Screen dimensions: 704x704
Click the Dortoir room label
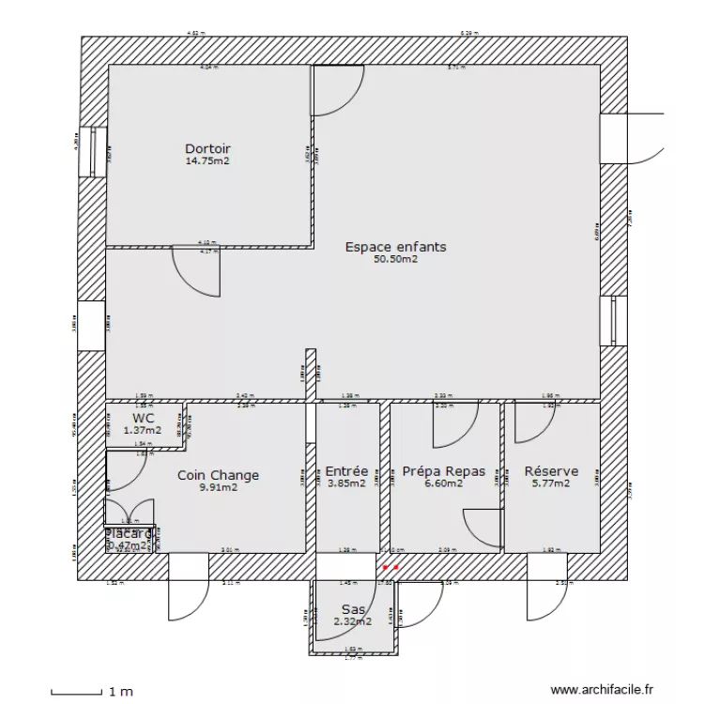[x=207, y=149]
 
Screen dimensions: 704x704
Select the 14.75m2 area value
[x=207, y=161]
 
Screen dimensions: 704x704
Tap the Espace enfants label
[x=395, y=248]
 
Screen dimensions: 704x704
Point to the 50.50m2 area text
[x=395, y=260]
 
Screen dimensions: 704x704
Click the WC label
[x=143, y=419]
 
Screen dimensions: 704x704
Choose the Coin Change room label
[x=218, y=475]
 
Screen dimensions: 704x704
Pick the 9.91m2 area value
[x=218, y=487]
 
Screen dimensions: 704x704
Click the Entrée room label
[x=346, y=472]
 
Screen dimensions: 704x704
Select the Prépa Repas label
[x=443, y=472]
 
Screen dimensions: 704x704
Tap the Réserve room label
[x=551, y=472]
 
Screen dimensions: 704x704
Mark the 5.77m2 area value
[x=551, y=484]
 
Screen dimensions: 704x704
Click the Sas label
[x=353, y=609]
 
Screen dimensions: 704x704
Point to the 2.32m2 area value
[x=353, y=621]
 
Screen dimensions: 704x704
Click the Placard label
[x=129, y=533]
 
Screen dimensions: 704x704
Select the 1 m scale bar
[x=75, y=693]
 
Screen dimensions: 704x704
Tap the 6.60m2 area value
[x=443, y=484]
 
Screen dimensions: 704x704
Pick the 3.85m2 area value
[x=346, y=484]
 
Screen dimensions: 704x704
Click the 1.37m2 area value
[x=143, y=431]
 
